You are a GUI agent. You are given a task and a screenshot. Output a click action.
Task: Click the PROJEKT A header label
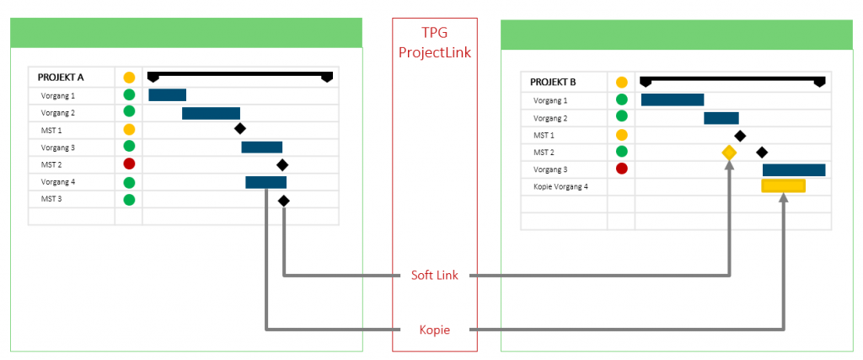click(62, 78)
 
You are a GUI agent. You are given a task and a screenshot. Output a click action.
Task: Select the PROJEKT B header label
click(553, 83)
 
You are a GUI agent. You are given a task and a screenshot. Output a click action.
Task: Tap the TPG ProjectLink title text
click(434, 42)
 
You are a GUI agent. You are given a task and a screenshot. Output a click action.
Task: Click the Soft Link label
click(434, 275)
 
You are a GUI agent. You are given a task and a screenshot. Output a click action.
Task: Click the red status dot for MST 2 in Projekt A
click(129, 164)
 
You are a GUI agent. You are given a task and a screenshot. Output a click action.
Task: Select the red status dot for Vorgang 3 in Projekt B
click(622, 169)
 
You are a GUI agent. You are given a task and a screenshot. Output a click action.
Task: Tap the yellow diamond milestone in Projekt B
click(729, 153)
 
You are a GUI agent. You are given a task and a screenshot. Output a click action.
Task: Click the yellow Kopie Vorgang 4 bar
click(783, 186)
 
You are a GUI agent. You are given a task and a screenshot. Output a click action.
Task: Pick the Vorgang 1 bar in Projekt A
click(167, 95)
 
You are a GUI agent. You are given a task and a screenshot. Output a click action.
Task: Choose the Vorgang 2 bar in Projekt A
click(211, 113)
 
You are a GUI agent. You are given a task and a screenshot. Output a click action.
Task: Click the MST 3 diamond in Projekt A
click(284, 201)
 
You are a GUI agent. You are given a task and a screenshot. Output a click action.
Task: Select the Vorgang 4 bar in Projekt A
click(265, 182)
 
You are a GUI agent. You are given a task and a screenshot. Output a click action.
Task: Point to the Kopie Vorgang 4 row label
click(560, 186)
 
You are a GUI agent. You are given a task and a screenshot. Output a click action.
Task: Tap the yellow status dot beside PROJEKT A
click(129, 78)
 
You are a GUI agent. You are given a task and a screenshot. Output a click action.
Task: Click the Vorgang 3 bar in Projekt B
click(793, 169)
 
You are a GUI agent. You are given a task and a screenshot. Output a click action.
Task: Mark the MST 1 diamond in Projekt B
click(740, 135)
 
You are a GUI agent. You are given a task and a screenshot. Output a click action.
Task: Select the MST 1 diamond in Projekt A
click(240, 129)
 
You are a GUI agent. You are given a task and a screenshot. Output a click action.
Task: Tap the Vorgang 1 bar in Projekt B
click(672, 100)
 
